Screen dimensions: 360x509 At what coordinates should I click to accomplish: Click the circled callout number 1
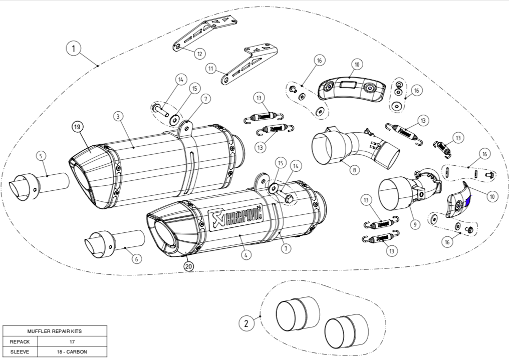tap(74, 49)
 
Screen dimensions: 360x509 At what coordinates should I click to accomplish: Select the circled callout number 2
tap(246, 323)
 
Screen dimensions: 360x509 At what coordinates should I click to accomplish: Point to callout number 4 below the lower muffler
tap(245, 254)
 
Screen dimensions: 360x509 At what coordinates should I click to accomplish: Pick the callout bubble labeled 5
tap(41, 156)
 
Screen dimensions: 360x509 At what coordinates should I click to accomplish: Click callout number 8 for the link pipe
tap(354, 170)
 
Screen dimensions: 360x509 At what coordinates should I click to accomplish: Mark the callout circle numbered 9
tap(415, 225)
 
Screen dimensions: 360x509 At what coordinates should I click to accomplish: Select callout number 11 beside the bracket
tap(211, 67)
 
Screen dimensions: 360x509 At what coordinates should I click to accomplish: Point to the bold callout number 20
tap(188, 266)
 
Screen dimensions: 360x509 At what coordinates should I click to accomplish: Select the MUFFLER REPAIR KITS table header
tap(55, 331)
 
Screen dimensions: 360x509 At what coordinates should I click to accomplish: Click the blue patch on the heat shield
tap(468, 202)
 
